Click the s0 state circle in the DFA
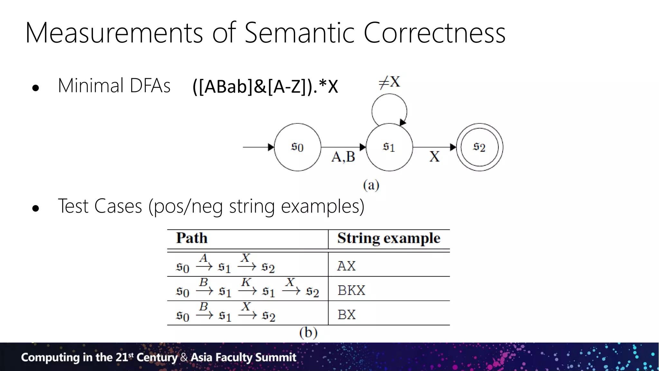point(297,147)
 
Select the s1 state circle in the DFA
point(389,147)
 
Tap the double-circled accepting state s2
point(479,147)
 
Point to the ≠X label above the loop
point(389,82)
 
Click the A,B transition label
point(343,157)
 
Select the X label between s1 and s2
point(434,157)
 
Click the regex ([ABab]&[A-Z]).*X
point(265,86)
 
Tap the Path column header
point(192,238)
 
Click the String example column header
point(389,238)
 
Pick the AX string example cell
point(346,266)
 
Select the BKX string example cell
point(351,290)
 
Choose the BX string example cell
point(347,315)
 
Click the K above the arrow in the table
point(246,282)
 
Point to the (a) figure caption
point(371,185)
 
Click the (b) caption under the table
point(308,332)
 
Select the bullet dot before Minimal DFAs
point(36,88)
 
